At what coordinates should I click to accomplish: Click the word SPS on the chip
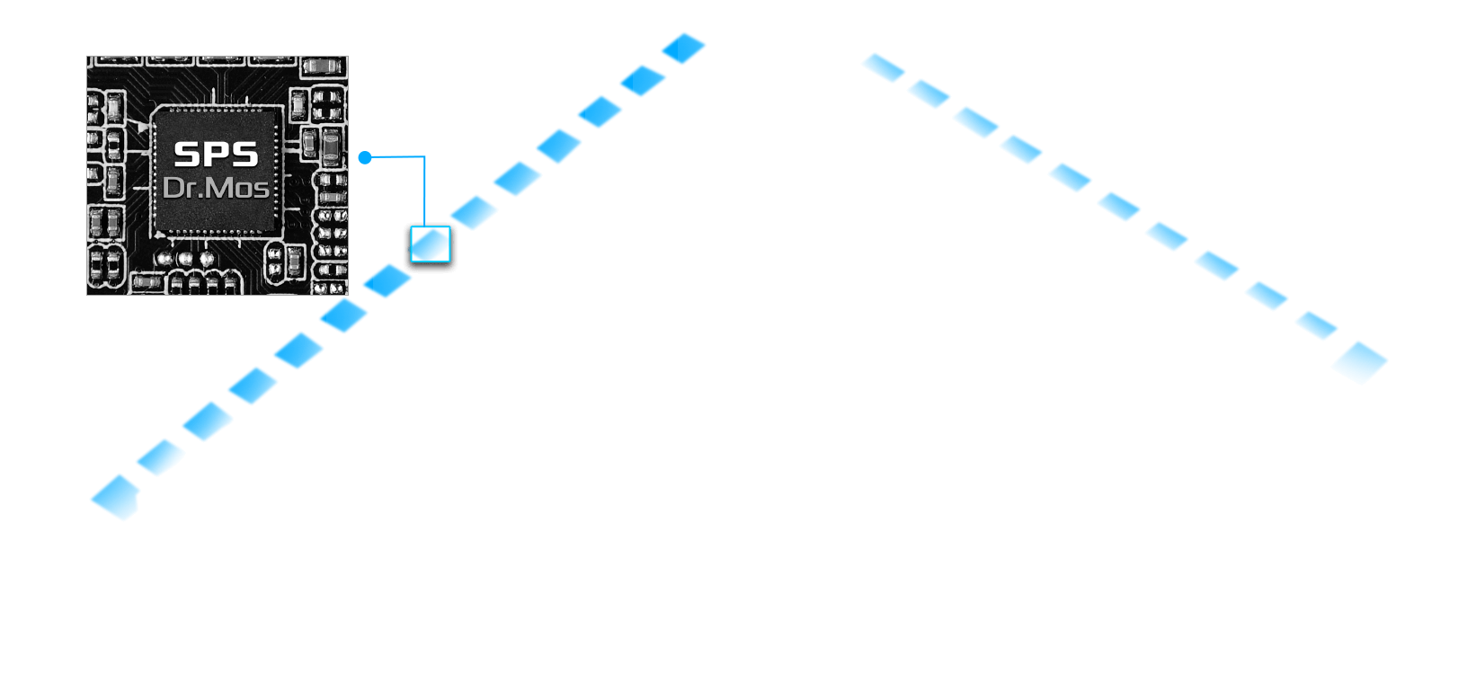click(x=216, y=155)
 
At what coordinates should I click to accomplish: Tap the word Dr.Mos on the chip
click(x=216, y=188)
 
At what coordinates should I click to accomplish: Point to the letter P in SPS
click(x=216, y=155)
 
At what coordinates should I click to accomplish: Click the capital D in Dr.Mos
click(x=173, y=188)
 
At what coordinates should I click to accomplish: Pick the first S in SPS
click(x=187, y=155)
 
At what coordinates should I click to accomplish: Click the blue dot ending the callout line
click(x=365, y=158)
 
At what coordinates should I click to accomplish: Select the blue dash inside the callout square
click(x=431, y=244)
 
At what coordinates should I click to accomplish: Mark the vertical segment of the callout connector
click(x=424, y=191)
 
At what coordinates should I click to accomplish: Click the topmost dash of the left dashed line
click(x=683, y=49)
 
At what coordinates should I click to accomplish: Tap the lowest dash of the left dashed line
click(x=116, y=497)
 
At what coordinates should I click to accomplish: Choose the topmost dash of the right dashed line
click(x=884, y=67)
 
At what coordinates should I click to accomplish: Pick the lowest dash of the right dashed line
click(x=1359, y=362)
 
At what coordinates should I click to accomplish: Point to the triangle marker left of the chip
click(x=142, y=129)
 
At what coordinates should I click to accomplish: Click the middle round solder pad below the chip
click(x=185, y=259)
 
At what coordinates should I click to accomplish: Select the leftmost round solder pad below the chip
click(x=164, y=259)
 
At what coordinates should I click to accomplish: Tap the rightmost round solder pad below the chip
click(x=207, y=259)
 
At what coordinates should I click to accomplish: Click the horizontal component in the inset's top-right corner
click(x=322, y=66)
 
